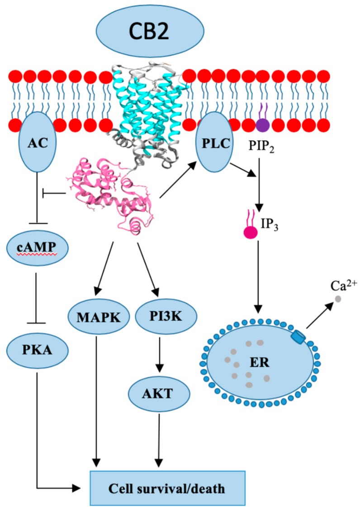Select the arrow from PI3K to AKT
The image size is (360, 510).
(157, 355)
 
